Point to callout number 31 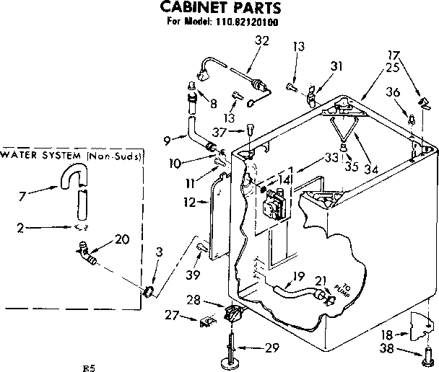(336, 66)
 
